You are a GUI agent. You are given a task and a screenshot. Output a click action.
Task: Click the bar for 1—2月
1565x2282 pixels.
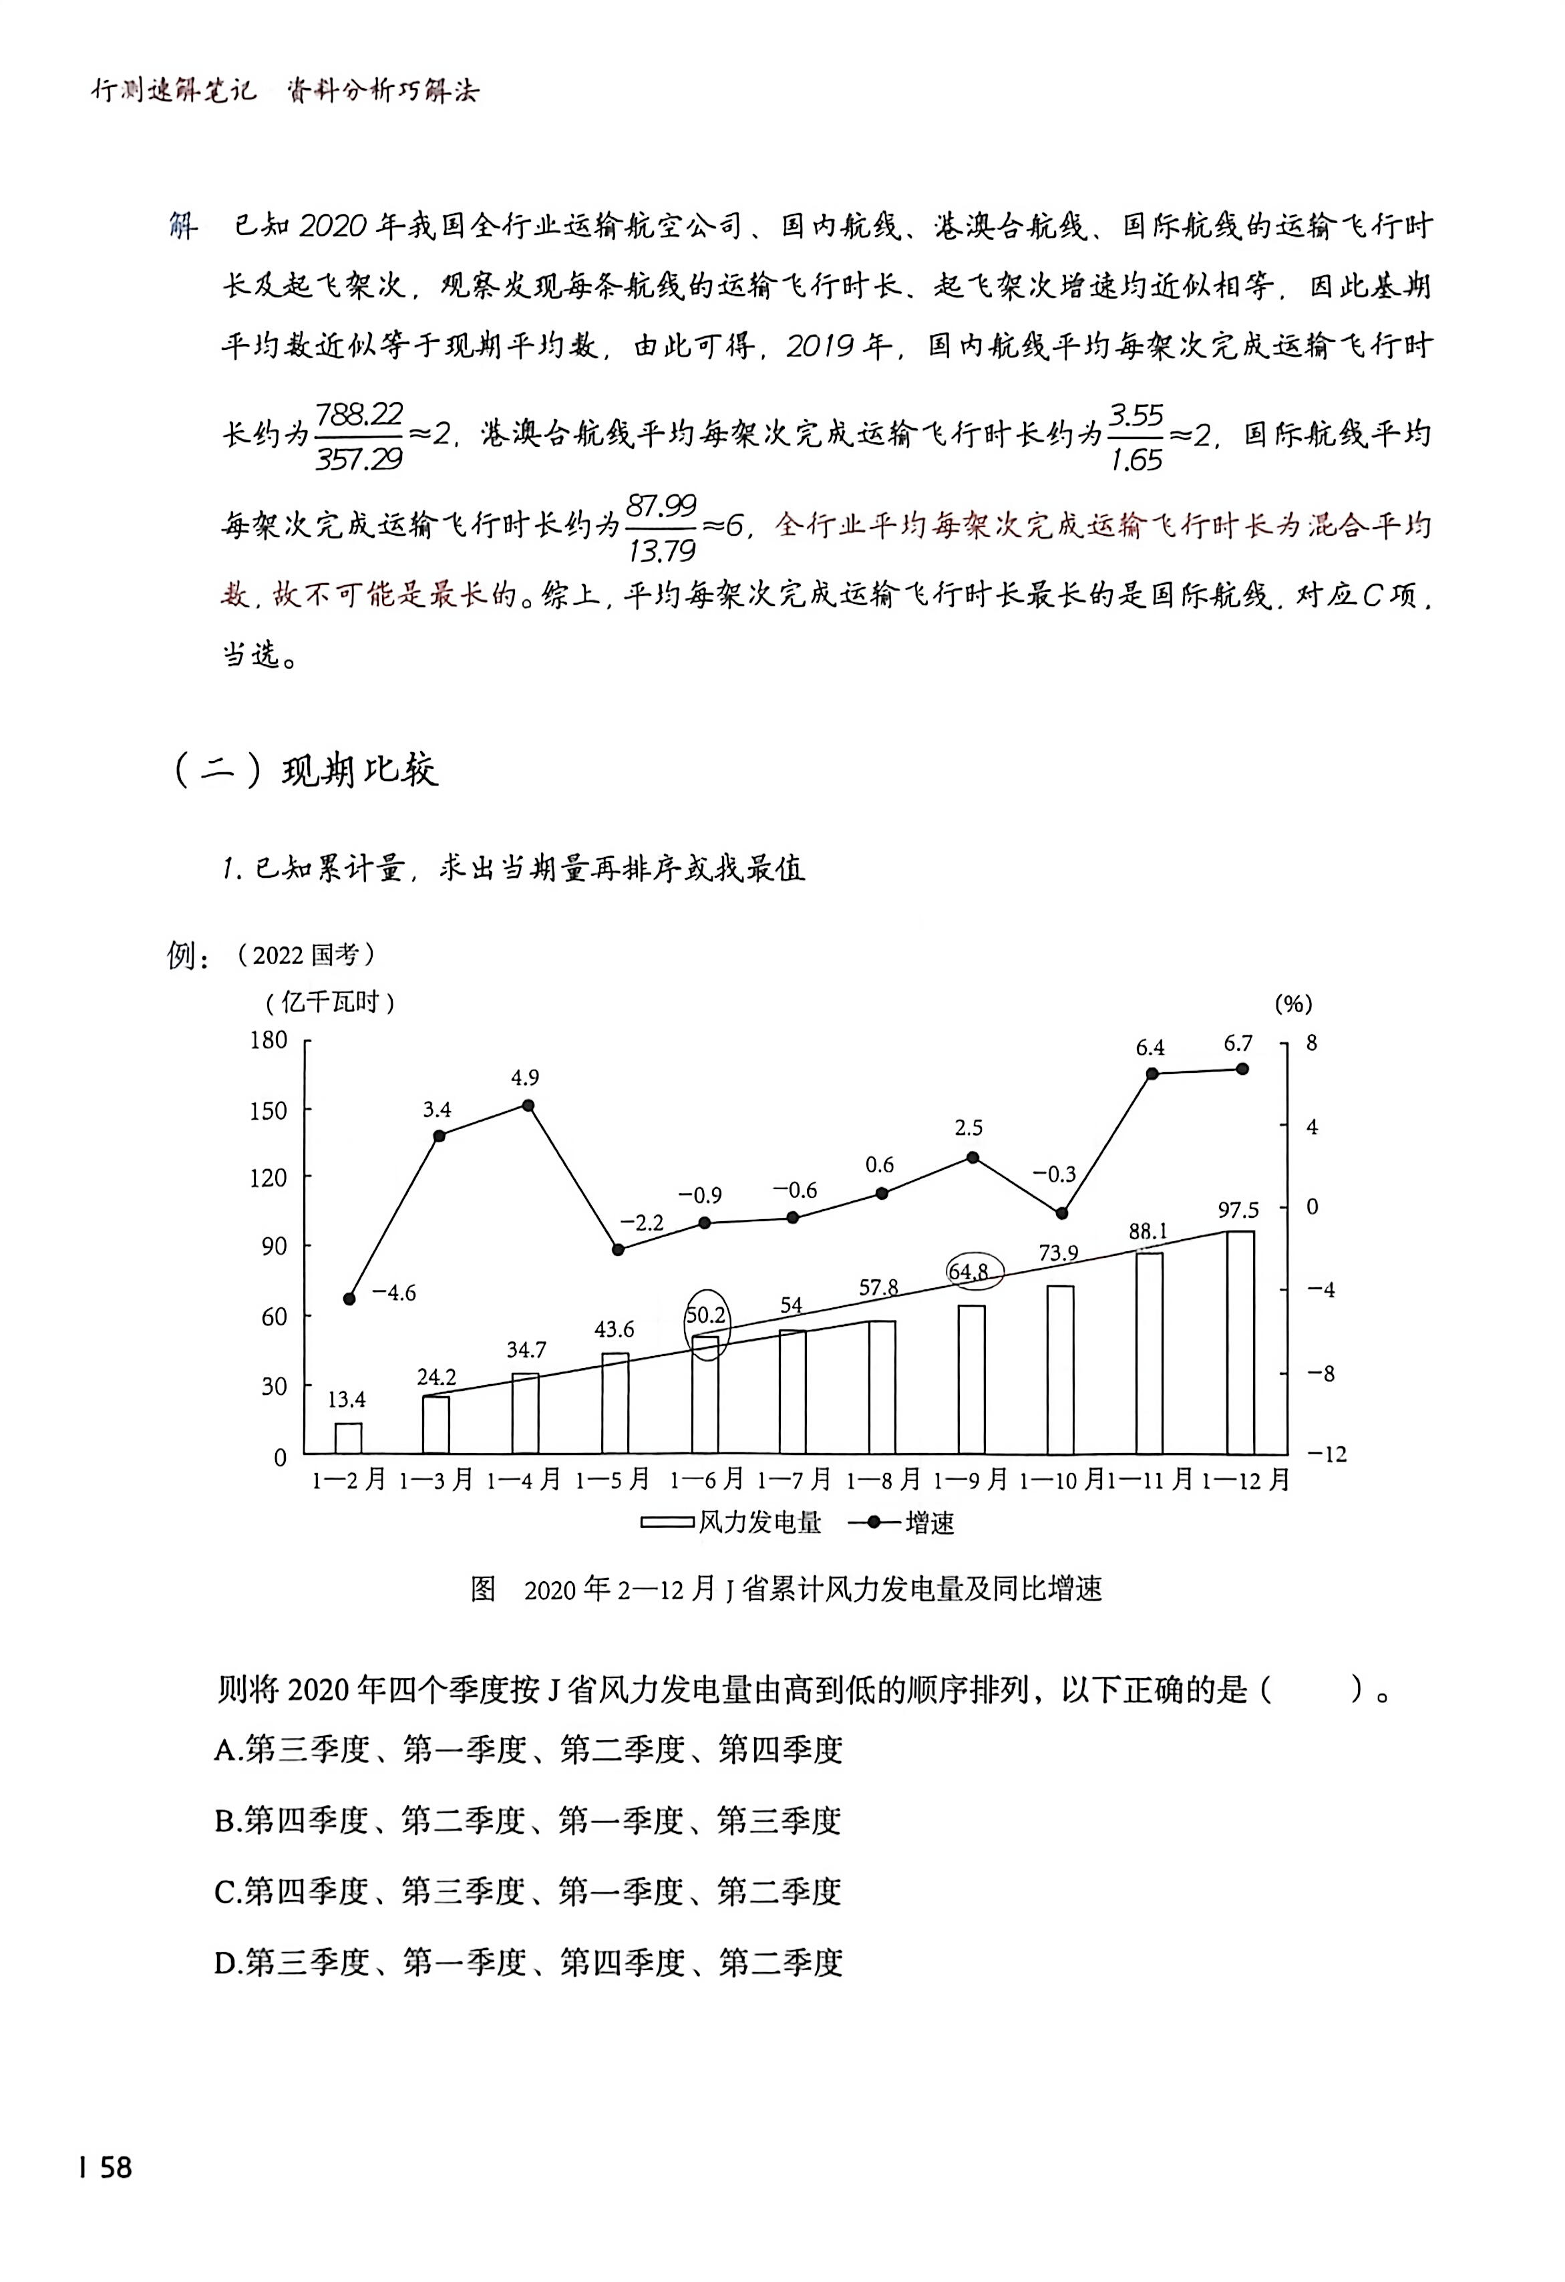pos(349,1438)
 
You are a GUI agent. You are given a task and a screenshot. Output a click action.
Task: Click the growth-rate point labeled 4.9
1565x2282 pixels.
pos(527,1105)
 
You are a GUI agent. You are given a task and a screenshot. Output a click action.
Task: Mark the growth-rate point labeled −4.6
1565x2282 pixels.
pos(349,1298)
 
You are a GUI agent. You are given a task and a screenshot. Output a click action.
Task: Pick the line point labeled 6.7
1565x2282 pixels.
pos(1242,1068)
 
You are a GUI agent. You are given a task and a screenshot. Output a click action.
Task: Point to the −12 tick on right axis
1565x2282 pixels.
pos(1327,1454)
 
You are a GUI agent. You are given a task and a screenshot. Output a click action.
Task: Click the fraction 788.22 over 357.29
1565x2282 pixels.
pos(359,436)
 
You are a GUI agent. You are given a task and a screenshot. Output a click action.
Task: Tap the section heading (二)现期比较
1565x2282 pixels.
pos(305,770)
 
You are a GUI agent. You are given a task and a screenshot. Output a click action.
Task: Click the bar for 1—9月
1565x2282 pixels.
pos(971,1379)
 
